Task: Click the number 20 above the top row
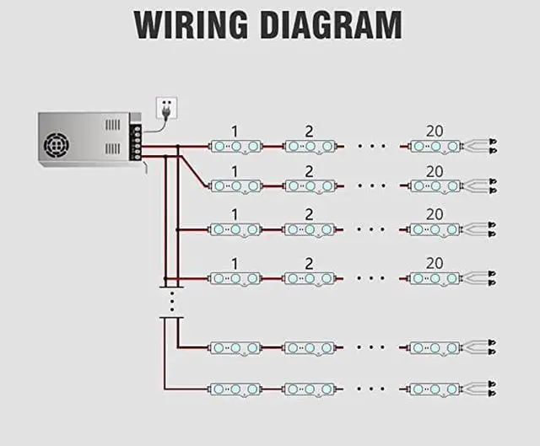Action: pos(434,131)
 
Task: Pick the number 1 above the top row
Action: pos(234,131)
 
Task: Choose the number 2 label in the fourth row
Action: pos(309,261)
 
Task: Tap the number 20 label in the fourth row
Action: pos(434,261)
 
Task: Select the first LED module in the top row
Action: pos(235,147)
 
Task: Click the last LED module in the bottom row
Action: pos(435,389)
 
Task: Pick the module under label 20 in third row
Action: pos(435,229)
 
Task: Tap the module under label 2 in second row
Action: pos(310,186)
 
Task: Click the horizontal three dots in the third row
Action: pos(371,229)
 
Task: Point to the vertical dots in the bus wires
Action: pos(171,299)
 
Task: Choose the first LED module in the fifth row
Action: pos(235,347)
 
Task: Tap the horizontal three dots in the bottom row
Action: pos(371,389)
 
